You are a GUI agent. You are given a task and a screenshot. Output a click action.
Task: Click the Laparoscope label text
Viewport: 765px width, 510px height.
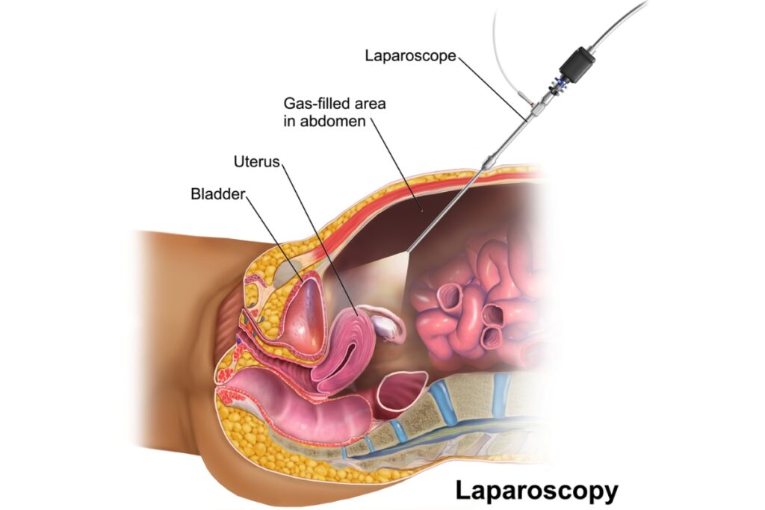coord(410,56)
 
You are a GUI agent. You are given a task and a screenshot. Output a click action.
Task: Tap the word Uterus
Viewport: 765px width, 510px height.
coord(255,161)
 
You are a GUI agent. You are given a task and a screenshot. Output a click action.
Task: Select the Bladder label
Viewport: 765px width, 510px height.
coord(217,194)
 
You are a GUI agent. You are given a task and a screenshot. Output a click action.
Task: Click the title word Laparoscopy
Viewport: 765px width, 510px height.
coord(536,491)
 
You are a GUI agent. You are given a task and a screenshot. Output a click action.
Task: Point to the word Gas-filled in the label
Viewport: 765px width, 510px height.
coord(312,104)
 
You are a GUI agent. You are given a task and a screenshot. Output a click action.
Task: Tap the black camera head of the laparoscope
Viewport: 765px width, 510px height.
coord(576,63)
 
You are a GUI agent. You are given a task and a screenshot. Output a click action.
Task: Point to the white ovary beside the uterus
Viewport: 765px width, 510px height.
coord(385,324)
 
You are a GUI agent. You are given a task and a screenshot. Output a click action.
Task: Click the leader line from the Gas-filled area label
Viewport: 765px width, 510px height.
coord(396,164)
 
